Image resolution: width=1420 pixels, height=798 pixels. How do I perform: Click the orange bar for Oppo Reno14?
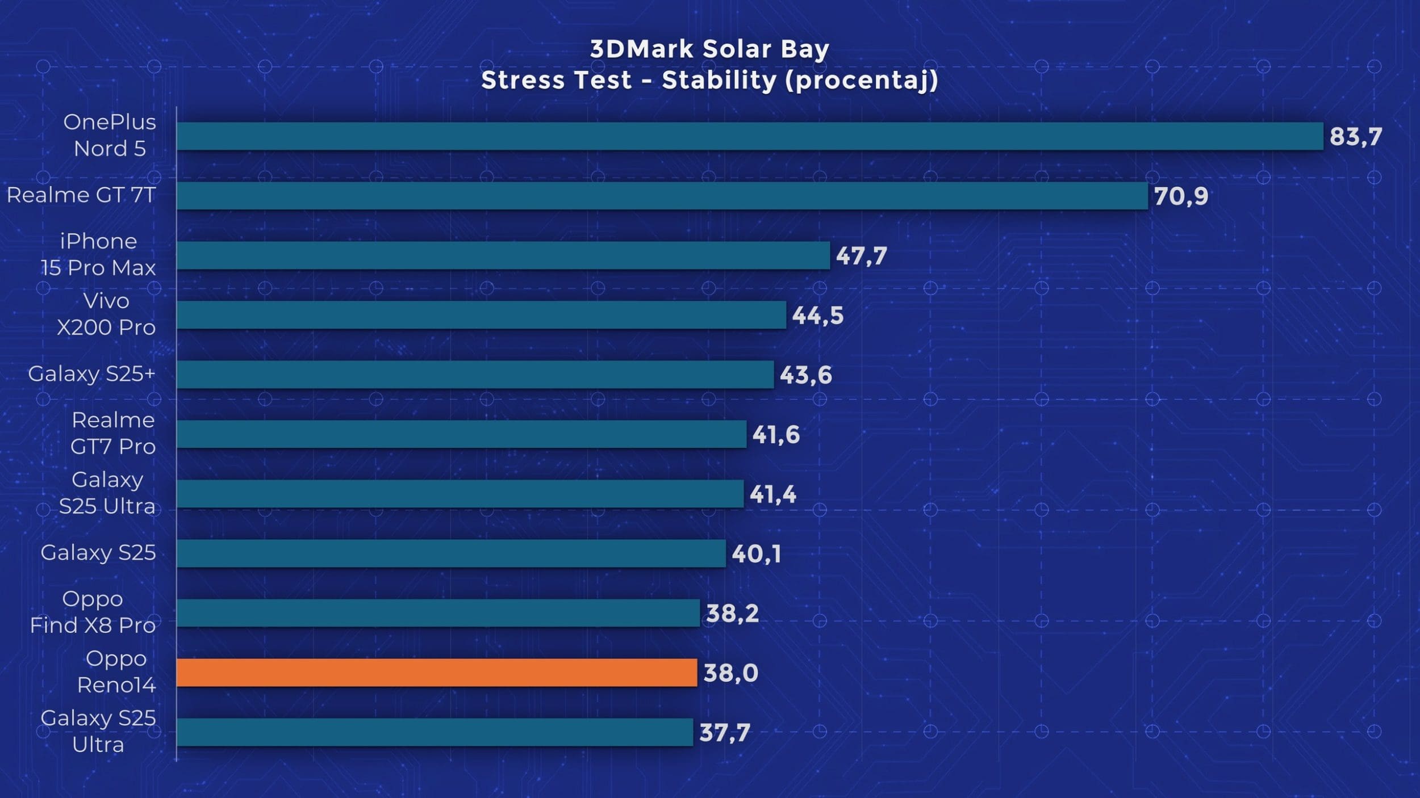point(436,673)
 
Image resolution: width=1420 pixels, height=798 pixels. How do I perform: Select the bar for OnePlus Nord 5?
point(750,136)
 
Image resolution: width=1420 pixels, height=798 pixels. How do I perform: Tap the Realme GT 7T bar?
point(662,196)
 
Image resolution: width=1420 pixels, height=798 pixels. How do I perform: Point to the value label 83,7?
point(1356,137)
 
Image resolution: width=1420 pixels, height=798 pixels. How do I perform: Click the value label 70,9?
point(1181,196)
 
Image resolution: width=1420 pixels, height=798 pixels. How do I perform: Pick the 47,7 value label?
point(861,256)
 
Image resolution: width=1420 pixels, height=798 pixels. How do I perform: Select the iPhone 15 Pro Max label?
point(98,254)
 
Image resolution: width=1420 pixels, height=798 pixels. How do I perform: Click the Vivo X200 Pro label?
point(106,314)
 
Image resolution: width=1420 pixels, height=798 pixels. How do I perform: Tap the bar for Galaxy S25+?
point(475,375)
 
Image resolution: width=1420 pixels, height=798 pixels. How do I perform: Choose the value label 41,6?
point(776,435)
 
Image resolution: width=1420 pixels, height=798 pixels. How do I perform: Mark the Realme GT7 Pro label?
point(112,433)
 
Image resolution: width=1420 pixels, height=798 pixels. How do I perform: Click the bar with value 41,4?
point(460,494)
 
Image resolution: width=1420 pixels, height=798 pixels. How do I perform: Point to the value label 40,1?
point(756,554)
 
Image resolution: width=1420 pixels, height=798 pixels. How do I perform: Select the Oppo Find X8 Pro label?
point(93,612)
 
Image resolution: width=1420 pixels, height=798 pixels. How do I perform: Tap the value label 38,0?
point(730,673)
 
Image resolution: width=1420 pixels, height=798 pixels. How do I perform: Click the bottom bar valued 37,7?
point(435,732)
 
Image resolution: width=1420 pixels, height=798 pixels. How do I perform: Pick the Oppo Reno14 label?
point(116,671)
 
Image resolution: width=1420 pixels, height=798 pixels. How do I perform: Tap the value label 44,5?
point(817,316)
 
